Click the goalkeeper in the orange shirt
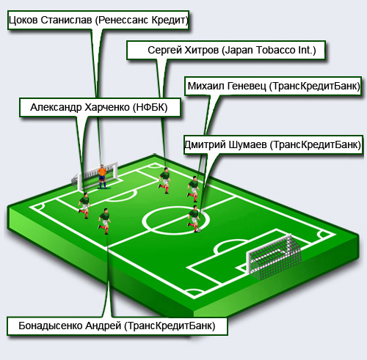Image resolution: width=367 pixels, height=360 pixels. (x=102, y=177)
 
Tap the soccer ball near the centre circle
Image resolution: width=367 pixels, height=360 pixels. (x=199, y=230)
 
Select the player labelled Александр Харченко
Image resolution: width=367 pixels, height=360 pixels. (x=84, y=205)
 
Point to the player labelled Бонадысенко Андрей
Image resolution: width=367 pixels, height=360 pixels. (x=104, y=221)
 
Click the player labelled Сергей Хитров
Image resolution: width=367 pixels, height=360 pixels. (x=164, y=180)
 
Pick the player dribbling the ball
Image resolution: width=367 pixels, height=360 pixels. (x=194, y=218)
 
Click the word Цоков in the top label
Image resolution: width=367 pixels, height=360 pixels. (x=23, y=21)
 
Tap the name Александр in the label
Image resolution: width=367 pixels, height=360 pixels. (x=56, y=108)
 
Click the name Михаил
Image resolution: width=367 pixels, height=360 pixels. (x=206, y=86)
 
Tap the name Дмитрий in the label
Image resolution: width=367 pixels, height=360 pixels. (x=205, y=144)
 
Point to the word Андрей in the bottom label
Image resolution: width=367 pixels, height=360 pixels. (x=103, y=326)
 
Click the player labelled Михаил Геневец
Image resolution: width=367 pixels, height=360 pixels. (x=194, y=189)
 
